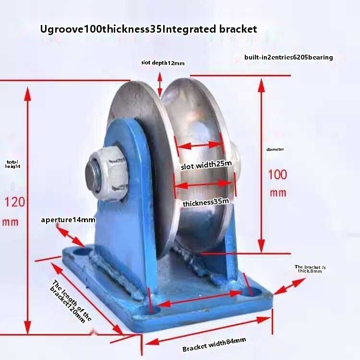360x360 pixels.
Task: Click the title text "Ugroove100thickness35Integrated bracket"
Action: [x=148, y=29]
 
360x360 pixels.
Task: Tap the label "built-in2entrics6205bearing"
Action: [x=288, y=57]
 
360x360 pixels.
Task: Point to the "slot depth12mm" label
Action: [x=163, y=63]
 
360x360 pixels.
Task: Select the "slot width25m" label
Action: [x=206, y=166]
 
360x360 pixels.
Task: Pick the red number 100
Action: [x=277, y=174]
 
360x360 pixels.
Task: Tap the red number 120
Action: [x=15, y=202]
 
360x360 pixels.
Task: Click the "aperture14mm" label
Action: [x=68, y=220]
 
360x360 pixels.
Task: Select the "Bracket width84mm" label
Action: [x=214, y=344]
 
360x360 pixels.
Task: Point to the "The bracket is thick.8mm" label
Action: [x=310, y=269]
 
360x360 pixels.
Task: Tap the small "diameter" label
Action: [x=275, y=149]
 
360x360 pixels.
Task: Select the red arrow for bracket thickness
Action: [x=289, y=285]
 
